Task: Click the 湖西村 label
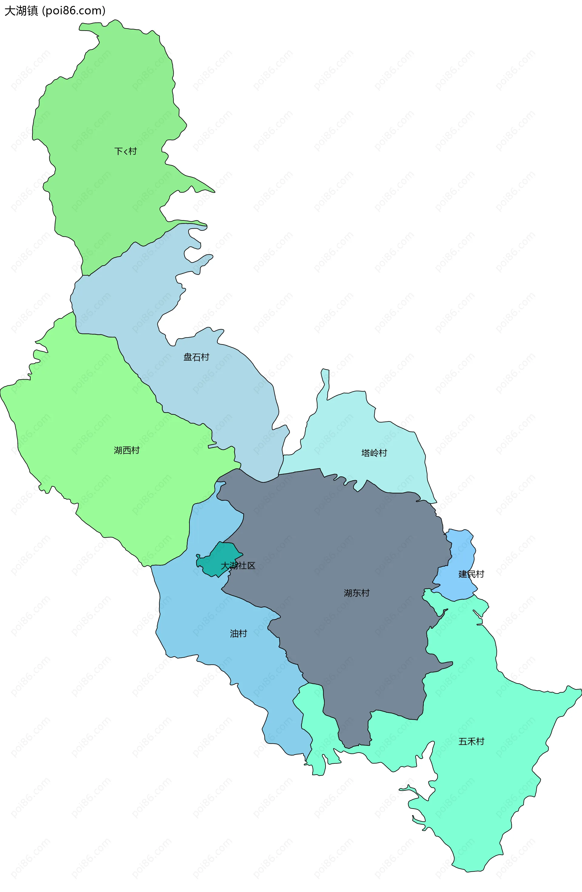point(127,450)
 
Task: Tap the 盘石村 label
point(196,357)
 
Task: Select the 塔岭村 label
point(374,453)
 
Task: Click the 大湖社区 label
point(238,565)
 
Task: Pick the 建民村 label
point(471,574)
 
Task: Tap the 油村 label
point(238,633)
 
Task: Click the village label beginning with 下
point(125,151)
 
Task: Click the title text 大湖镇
point(21,11)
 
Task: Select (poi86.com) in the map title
point(74,11)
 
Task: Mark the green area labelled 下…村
point(112,112)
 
